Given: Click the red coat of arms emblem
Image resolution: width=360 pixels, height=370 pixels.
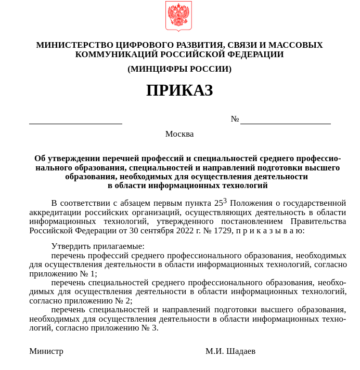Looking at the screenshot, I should (178, 16).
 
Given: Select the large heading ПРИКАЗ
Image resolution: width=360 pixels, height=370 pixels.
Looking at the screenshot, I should (179, 90).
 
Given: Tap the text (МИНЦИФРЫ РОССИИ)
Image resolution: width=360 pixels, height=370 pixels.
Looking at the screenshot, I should (179, 69).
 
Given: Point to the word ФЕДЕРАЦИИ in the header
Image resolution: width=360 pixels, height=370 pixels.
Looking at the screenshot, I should (255, 55).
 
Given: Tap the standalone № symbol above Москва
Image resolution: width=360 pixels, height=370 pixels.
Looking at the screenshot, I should (235, 119).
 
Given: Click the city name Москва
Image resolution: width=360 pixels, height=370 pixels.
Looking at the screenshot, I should (179, 134).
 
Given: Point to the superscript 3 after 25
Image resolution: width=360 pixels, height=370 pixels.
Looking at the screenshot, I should (225, 200).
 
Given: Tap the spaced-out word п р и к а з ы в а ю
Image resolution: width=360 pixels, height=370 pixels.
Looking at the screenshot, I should (270, 231).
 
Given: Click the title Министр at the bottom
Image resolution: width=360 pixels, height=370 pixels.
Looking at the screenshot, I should (46, 351).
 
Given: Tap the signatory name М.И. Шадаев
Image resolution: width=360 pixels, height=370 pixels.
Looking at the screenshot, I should (230, 351).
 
